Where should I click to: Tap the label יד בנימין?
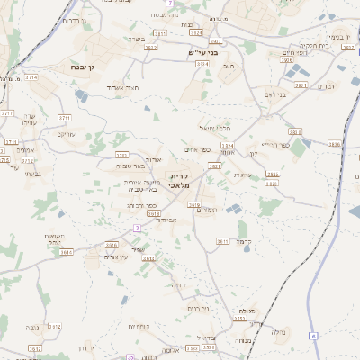coord(334,37)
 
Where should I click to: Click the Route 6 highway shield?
coord(314,335)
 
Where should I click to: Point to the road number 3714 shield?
coord(31,78)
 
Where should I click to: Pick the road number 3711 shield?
coord(64,117)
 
